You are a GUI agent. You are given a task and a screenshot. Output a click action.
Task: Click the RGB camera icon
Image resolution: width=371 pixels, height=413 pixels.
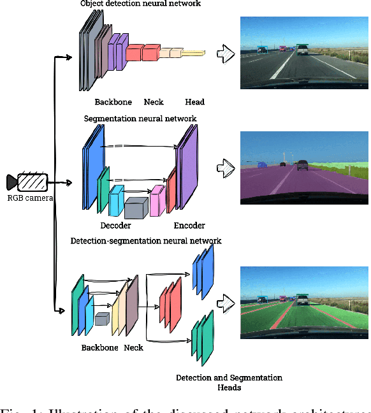(28, 182)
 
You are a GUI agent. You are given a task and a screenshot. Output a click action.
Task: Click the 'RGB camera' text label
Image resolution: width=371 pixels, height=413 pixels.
(30, 198)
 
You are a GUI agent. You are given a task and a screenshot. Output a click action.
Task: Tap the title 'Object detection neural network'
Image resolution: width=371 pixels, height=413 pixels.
(140, 4)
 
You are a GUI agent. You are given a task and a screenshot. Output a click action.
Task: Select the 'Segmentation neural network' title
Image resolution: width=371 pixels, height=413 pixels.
(140, 119)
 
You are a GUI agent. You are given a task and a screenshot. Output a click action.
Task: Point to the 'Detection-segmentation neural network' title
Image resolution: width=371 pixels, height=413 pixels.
(146, 241)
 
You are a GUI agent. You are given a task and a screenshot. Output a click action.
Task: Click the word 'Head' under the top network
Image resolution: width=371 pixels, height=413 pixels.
(194, 102)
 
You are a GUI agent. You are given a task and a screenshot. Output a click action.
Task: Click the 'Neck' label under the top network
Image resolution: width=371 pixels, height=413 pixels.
(154, 102)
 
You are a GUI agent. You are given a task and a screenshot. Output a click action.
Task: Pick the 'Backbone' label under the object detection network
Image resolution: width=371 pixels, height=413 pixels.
(113, 102)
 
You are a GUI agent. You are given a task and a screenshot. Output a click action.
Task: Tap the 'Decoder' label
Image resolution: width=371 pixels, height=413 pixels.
(115, 226)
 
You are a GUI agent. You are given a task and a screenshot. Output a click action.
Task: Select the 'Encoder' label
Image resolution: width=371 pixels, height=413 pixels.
(189, 226)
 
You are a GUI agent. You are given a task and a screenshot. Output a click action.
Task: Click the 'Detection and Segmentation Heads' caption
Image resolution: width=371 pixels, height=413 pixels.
(229, 382)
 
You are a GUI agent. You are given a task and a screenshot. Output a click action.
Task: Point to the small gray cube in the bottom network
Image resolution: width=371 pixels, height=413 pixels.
(102, 319)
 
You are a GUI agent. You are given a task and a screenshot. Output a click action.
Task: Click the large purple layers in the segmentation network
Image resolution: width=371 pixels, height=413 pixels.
(188, 167)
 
